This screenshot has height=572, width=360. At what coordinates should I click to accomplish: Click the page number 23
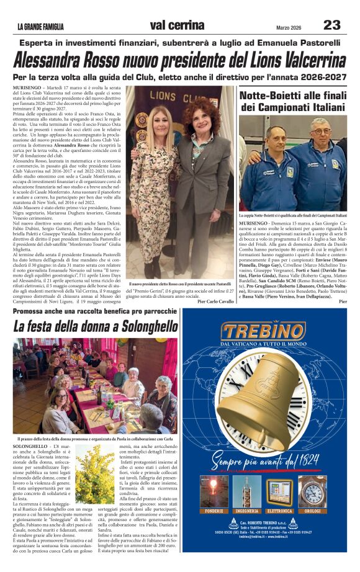(x=332, y=25)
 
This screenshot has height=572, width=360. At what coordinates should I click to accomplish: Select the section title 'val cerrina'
(x=177, y=25)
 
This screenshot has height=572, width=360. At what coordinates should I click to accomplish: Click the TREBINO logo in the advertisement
(x=264, y=331)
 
